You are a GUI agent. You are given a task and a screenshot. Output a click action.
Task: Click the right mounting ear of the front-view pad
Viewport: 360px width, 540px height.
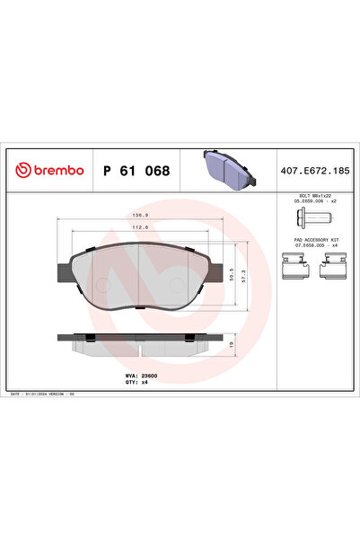coord(216,269)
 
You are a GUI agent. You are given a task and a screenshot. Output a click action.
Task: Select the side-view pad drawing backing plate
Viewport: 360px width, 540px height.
coord(140,337)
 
